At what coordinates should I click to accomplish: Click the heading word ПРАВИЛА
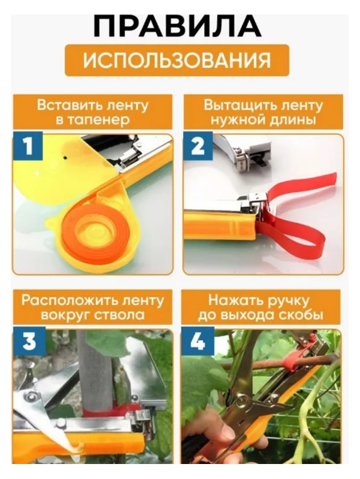(177, 25)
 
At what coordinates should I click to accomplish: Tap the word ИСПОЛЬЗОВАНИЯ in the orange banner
(177, 60)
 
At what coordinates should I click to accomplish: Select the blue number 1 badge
(28, 146)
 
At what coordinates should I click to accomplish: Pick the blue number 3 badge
(29, 341)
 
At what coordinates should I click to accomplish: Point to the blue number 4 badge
(197, 341)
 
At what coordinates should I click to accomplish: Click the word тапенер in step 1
(101, 120)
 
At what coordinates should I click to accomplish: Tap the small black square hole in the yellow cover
(65, 157)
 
